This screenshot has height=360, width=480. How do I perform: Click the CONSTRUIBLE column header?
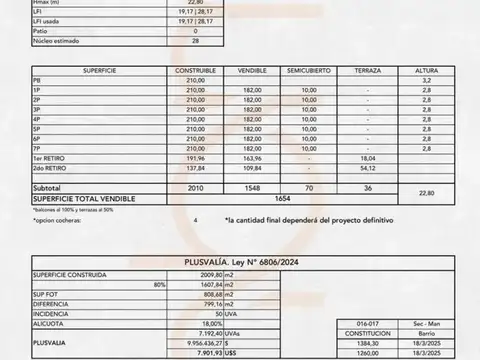(x=196, y=72)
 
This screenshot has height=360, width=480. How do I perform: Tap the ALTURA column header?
(x=426, y=72)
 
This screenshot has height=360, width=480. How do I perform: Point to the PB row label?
(x=37, y=81)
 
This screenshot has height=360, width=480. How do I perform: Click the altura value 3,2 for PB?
(x=427, y=81)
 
